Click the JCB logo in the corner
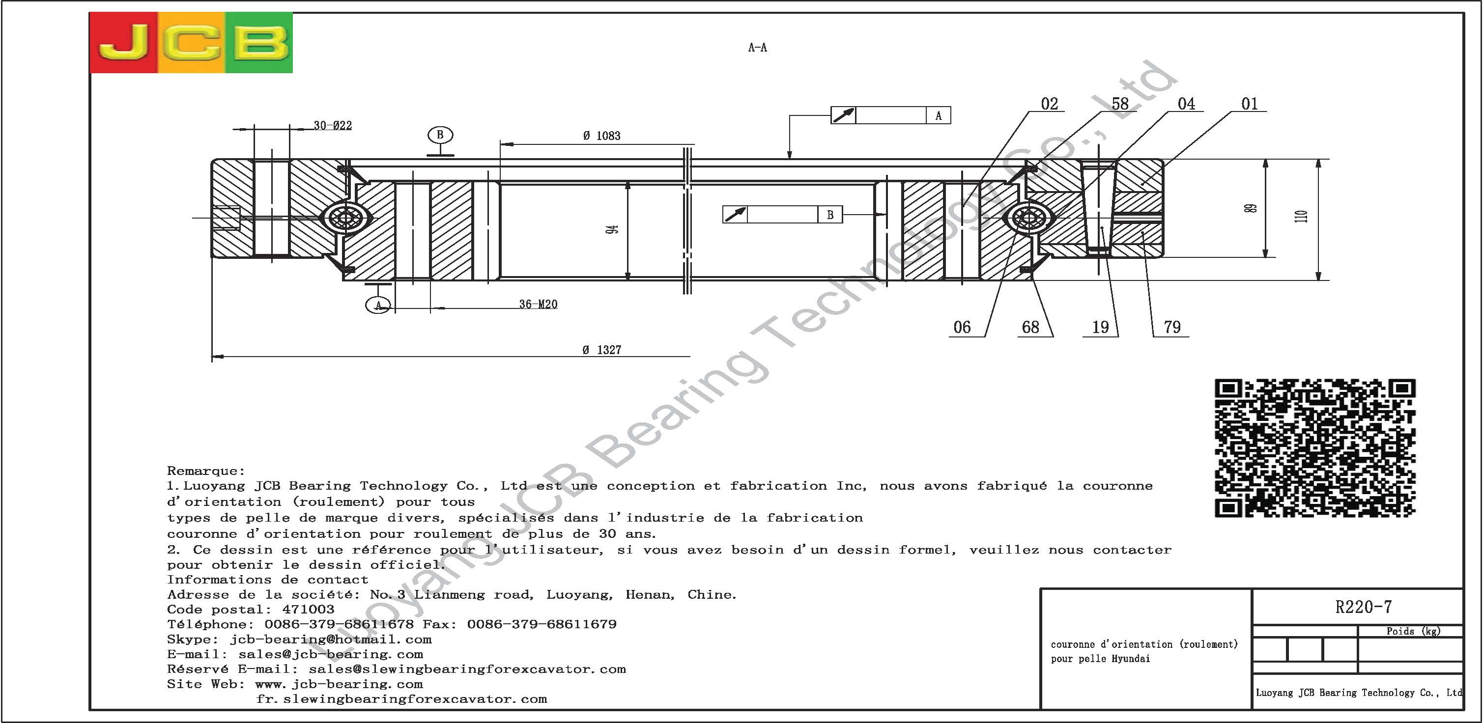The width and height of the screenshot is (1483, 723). point(191,43)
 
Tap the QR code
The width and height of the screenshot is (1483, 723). point(1314,448)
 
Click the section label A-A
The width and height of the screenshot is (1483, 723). point(757,48)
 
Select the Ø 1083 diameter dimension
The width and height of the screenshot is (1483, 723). point(601,136)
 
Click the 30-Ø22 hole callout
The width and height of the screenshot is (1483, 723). point(333,125)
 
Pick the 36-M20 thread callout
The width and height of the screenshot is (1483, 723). point(538,305)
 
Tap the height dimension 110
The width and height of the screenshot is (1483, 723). point(1301,217)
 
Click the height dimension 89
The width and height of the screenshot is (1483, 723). point(1250,208)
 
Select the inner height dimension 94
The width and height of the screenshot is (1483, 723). point(613,229)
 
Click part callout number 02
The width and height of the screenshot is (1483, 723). point(1050,104)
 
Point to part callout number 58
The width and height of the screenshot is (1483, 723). point(1120,104)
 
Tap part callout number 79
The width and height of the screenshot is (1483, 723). point(1172,328)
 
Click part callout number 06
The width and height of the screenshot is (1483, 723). point(962,328)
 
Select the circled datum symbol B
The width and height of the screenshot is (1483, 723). point(440,135)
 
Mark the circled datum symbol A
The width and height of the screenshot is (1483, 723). point(378,305)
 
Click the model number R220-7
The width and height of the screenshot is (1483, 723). point(1363,607)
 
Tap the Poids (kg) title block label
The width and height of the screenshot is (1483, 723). point(1413,631)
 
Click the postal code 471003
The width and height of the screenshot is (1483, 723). point(308,609)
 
